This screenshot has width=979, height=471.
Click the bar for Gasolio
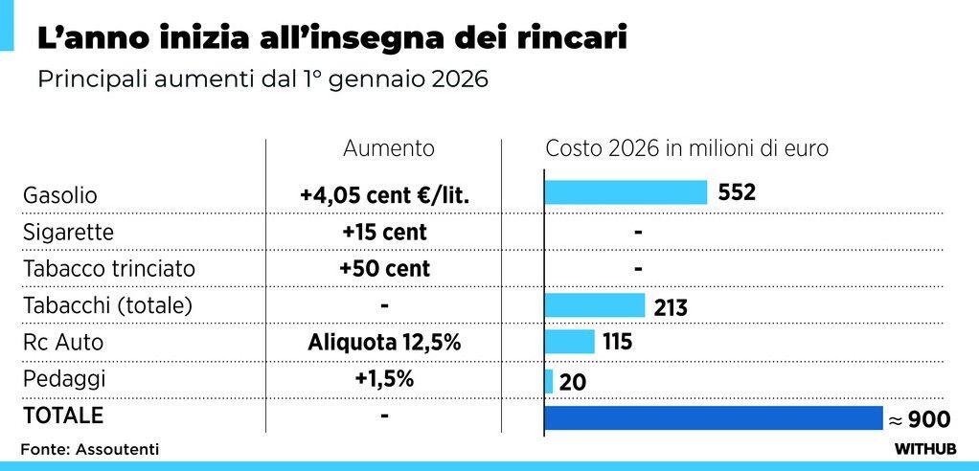click(x=626, y=191)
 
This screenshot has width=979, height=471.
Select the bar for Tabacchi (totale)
click(x=594, y=304)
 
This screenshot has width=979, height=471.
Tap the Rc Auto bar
click(x=569, y=342)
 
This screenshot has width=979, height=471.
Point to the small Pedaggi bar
click(x=549, y=380)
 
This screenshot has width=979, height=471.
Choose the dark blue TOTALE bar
click(x=713, y=418)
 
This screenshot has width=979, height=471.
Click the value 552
click(x=738, y=192)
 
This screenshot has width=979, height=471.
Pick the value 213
click(x=671, y=307)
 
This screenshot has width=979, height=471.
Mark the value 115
click(x=619, y=342)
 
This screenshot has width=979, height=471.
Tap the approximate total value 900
click(x=924, y=419)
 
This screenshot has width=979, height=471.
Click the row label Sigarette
click(x=68, y=233)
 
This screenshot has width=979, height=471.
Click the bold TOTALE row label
click(x=62, y=416)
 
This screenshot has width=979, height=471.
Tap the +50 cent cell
click(x=384, y=269)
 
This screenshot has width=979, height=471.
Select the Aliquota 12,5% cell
click(x=383, y=342)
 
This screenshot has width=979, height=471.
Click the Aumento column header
click(x=389, y=148)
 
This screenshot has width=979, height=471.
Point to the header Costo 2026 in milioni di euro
click(x=687, y=148)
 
